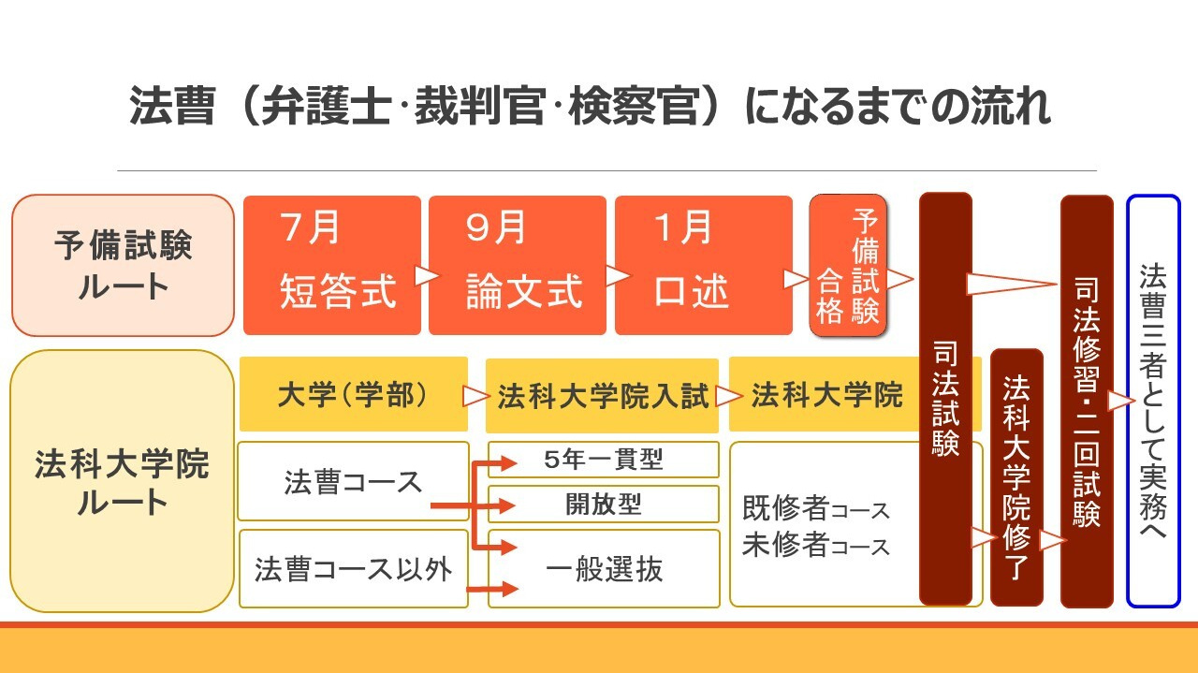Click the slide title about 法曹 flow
pos(590,107)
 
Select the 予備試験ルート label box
pos(123,265)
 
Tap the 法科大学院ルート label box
pos(123,481)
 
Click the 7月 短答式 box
pos(332,265)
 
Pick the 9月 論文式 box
pos(518,265)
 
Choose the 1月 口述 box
pos(703,265)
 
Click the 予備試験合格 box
pos(848,265)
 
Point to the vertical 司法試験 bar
pos(945,399)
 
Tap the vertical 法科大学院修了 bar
pos(1016,476)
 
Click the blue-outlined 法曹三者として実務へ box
pos(1153,401)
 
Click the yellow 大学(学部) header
pos(353,395)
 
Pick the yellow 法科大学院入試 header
pos(603,396)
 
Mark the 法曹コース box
pos(353,481)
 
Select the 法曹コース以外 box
pos(353,568)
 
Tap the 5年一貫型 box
pos(604,460)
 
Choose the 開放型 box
pos(604,504)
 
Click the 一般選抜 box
pos(604,568)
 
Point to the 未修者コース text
pos(814,546)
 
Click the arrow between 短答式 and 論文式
pos(426,275)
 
